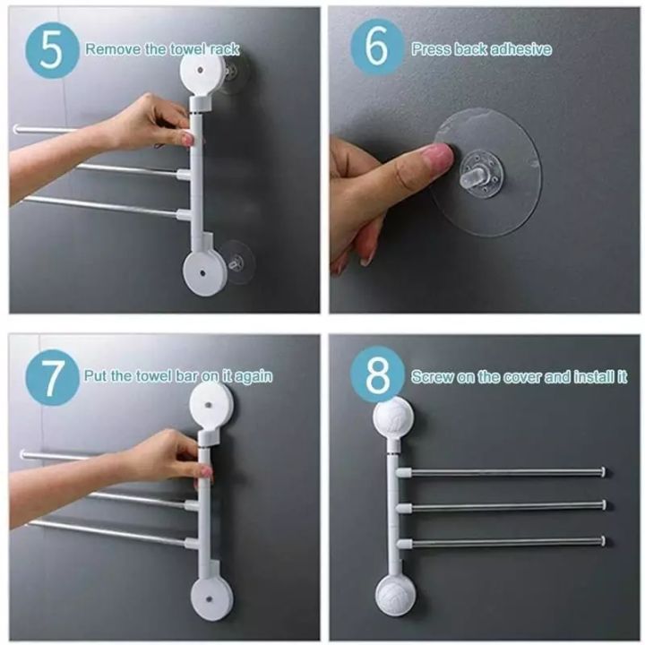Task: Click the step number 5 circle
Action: point(52,49)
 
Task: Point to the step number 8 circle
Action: point(378,376)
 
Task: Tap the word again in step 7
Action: point(253,376)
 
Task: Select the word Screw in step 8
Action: point(431,376)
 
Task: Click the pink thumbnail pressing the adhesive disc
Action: point(438,159)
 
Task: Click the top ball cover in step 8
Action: point(391,418)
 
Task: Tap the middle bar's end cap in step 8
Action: point(606,505)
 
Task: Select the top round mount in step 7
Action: point(211,401)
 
